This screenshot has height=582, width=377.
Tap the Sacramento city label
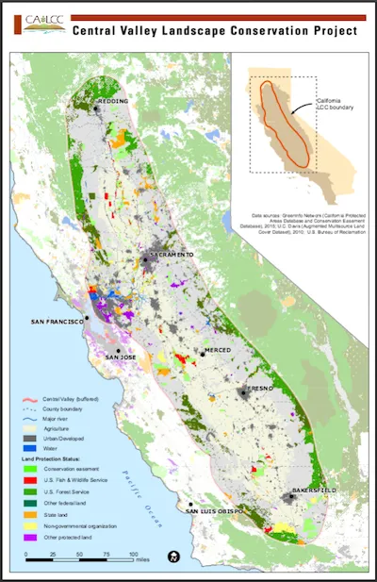(171, 255)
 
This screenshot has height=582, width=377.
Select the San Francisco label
(57, 322)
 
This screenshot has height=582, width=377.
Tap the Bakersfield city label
(311, 491)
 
